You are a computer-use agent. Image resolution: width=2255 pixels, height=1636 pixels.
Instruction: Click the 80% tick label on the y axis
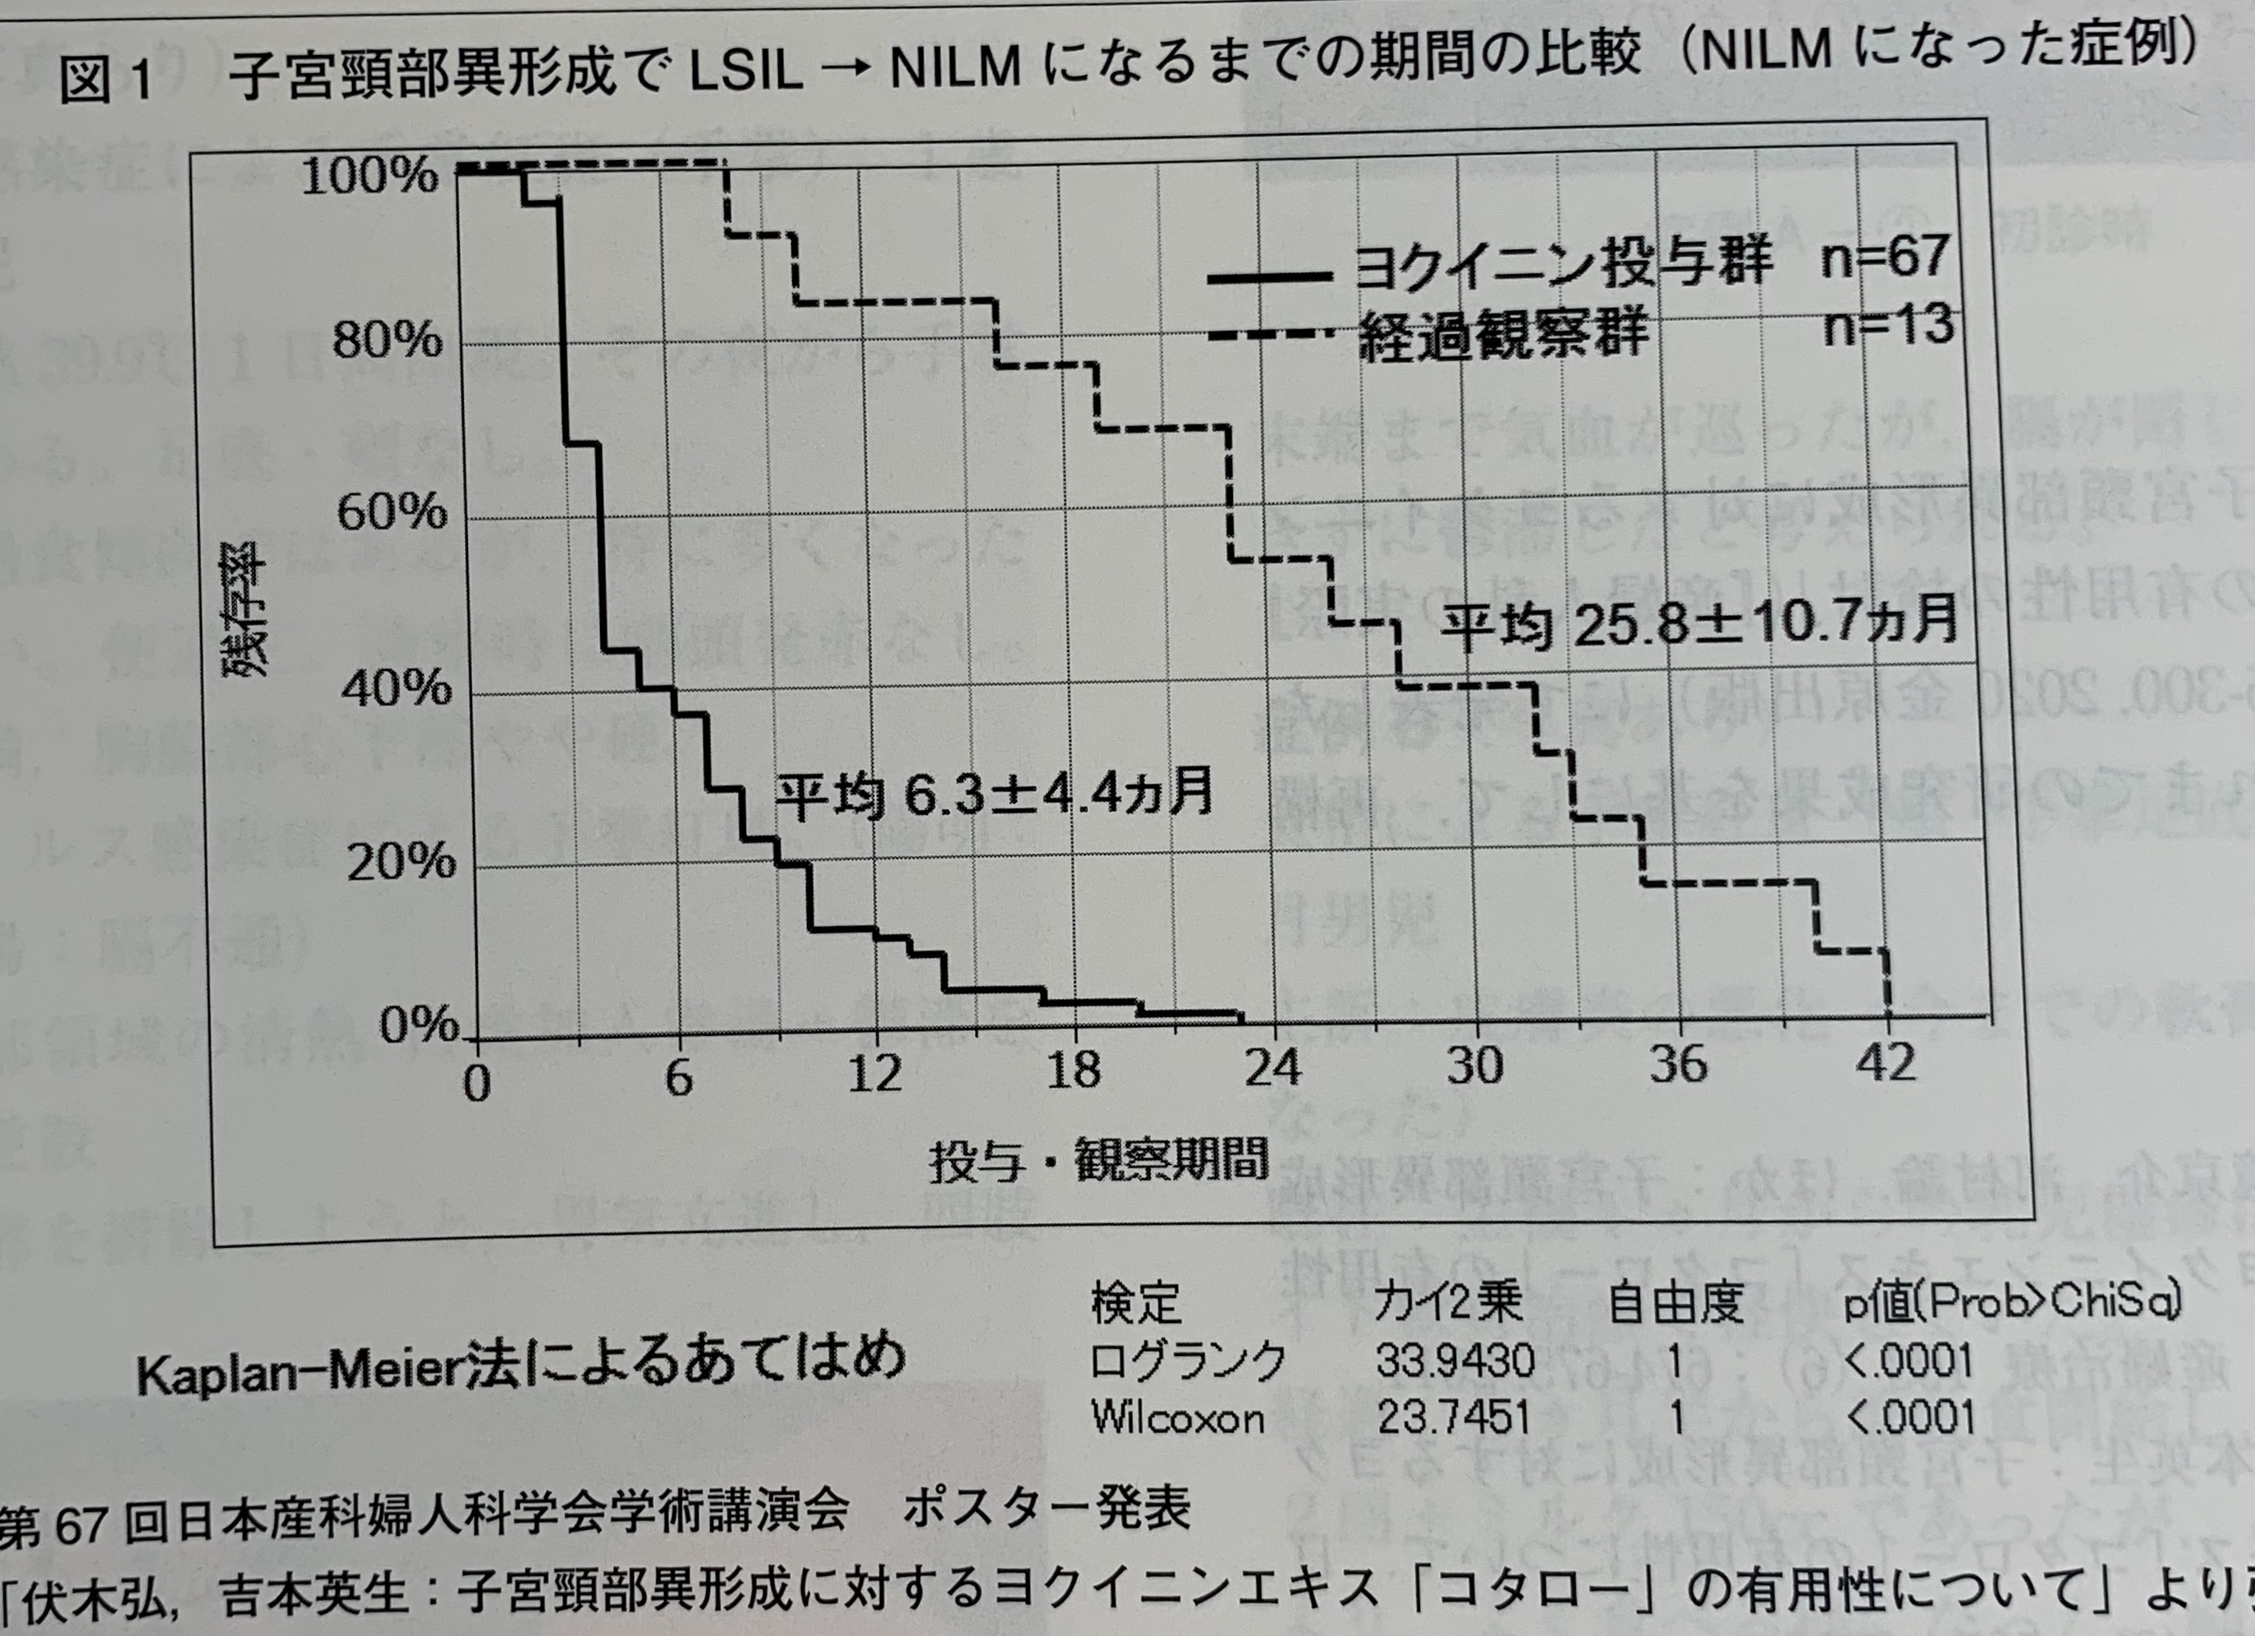point(387,341)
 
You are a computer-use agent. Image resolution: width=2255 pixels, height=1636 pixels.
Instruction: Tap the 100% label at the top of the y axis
point(369,177)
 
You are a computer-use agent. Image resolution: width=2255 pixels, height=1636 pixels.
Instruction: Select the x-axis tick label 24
point(1272,1068)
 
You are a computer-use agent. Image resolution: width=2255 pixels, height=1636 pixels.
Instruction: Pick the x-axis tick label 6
point(678,1075)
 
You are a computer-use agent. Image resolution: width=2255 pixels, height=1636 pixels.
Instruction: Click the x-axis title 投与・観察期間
point(1098,1161)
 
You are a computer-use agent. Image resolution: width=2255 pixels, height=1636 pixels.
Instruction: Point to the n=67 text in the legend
point(1884,257)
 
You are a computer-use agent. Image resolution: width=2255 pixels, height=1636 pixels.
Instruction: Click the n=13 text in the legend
point(1888,326)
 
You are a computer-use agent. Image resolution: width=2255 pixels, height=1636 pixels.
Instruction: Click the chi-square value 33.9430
point(1455,1359)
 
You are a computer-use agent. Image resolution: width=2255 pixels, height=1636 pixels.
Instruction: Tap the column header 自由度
point(1676,1302)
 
